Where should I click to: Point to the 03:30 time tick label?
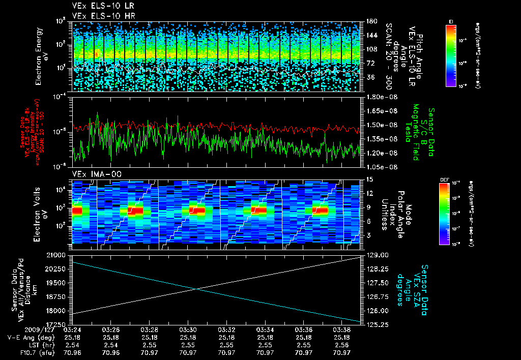(x=188, y=331)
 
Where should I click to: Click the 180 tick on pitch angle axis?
(x=371, y=21)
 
